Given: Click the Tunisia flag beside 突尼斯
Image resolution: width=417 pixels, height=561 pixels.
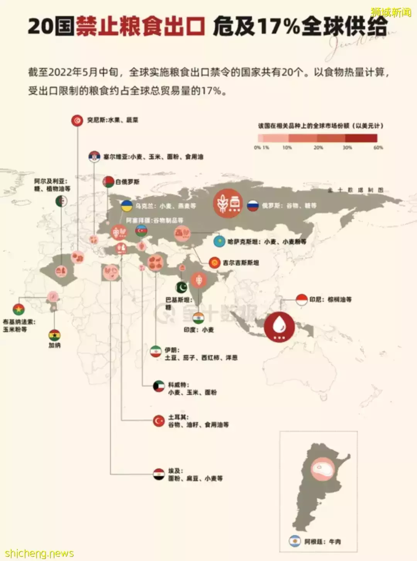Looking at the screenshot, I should coord(77,121).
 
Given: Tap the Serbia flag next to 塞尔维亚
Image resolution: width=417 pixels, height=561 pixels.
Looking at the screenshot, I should coord(94,157).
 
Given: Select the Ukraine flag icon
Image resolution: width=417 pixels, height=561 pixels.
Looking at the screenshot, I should coord(127,206).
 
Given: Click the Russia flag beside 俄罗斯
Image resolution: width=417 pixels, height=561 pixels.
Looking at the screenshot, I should coord(253,206).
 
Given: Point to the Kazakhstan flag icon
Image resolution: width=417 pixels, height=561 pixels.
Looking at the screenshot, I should coord(219,241).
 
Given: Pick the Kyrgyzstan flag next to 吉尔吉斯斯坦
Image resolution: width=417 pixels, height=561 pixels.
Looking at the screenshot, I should coord(215,263).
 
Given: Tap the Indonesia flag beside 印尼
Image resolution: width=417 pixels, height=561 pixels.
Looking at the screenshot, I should coord(302,300).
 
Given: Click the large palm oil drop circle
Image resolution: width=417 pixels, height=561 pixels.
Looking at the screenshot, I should coord(279,327).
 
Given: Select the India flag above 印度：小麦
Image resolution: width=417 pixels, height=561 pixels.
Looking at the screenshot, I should coord(198,318).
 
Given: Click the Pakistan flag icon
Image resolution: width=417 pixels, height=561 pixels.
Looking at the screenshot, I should coord(181,287).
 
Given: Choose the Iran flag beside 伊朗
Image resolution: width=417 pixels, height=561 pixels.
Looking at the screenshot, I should coord(156,351).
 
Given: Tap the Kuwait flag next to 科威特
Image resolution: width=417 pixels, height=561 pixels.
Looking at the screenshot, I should coord(159,386).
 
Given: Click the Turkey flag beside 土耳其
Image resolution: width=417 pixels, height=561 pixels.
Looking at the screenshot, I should coord(159,421).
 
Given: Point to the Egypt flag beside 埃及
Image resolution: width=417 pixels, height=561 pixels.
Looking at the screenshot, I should coord(159,475).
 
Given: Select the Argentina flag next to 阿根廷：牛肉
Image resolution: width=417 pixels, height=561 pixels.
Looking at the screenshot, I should coord(295,541).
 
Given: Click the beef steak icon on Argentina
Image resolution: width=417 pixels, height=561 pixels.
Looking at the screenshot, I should coord(323,469).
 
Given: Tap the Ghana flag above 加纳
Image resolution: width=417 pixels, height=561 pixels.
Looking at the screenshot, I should coord(54,335).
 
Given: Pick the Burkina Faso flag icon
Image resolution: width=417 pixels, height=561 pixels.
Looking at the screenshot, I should coord(19,310).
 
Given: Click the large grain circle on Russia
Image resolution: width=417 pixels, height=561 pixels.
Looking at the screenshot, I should coord(228,203).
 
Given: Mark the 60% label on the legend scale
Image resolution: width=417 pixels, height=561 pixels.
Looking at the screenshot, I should coord(378,148).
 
